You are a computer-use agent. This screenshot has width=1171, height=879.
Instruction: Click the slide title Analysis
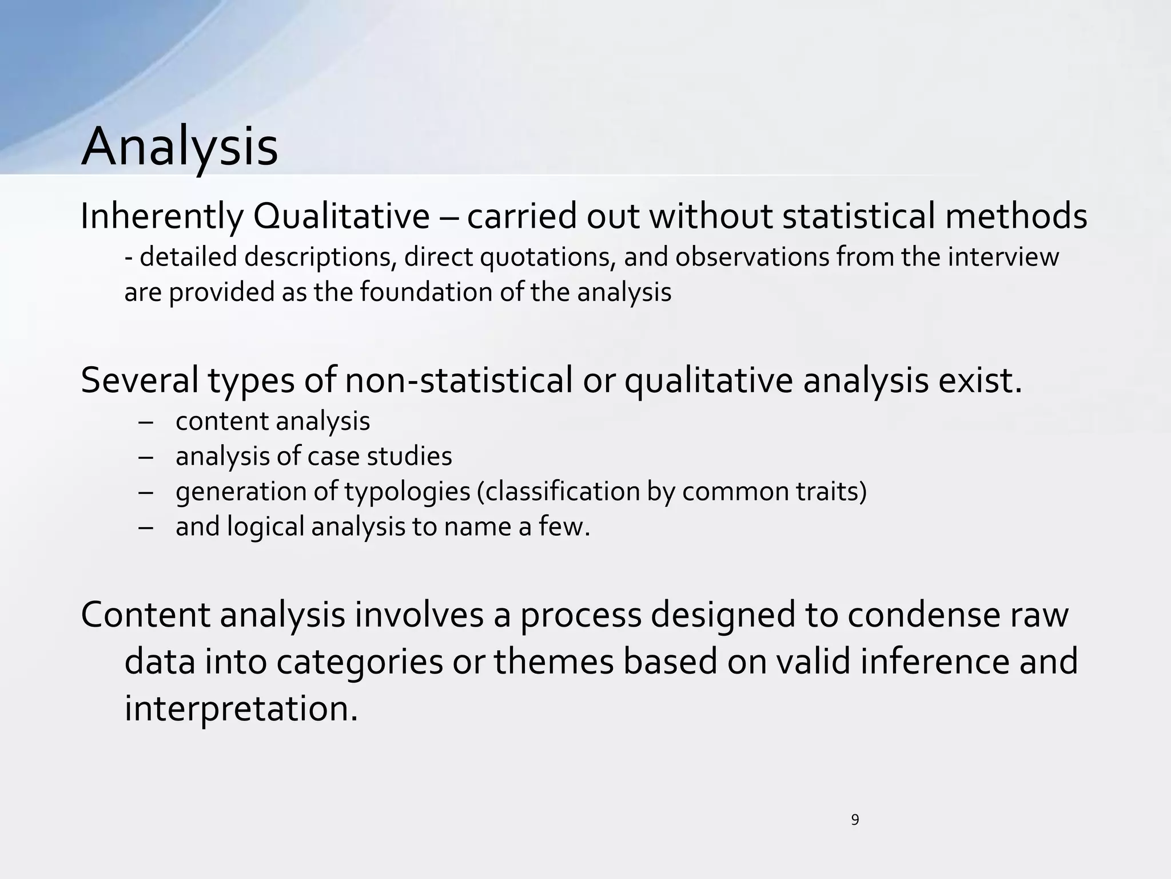(x=180, y=148)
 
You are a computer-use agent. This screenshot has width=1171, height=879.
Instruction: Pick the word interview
(x=1003, y=257)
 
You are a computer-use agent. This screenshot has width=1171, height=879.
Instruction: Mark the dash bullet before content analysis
(x=146, y=423)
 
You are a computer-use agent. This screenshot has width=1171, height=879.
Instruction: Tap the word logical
(x=265, y=527)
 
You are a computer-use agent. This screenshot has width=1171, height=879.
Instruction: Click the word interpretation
(x=241, y=708)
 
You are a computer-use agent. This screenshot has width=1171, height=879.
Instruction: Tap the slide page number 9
(x=855, y=820)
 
